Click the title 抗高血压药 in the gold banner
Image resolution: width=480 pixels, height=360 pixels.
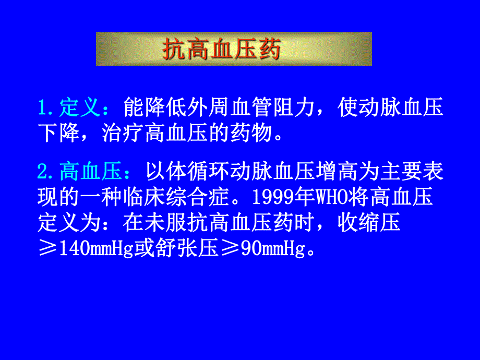[222, 50]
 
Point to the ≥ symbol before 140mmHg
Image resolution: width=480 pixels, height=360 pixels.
[49, 249]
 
